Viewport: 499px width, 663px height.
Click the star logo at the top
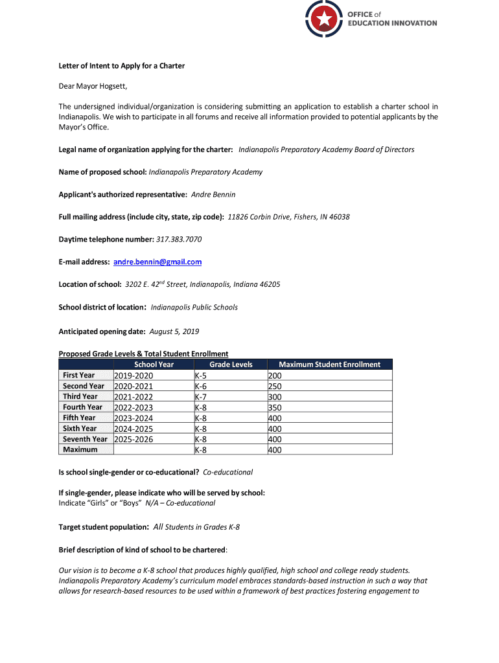[x=323, y=19]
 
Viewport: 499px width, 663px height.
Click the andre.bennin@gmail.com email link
[x=157, y=262]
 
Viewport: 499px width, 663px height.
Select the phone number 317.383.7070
[x=179, y=240]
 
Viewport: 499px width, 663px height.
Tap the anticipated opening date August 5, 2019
[x=174, y=331]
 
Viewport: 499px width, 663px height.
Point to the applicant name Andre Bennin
[x=213, y=194]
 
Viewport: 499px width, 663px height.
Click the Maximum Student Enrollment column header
[x=329, y=365]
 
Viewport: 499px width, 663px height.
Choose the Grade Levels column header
[x=231, y=365]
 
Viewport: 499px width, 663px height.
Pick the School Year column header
[x=154, y=365]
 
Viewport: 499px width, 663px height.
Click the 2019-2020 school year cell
[x=134, y=376]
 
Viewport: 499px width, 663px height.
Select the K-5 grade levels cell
[x=201, y=376]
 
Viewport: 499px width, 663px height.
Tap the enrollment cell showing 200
[x=275, y=376]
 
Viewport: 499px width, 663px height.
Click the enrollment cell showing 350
[x=275, y=407]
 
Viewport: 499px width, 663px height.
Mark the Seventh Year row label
[x=85, y=439]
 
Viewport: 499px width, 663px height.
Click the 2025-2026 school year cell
[x=134, y=439]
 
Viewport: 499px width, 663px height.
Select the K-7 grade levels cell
[x=201, y=397]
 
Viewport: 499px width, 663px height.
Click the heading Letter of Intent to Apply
[x=122, y=66]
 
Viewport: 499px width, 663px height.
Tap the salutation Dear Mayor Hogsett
[x=93, y=86]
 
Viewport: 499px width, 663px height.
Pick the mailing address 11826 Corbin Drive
[x=288, y=217]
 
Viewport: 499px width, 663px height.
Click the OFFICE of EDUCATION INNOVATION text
[x=392, y=19]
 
